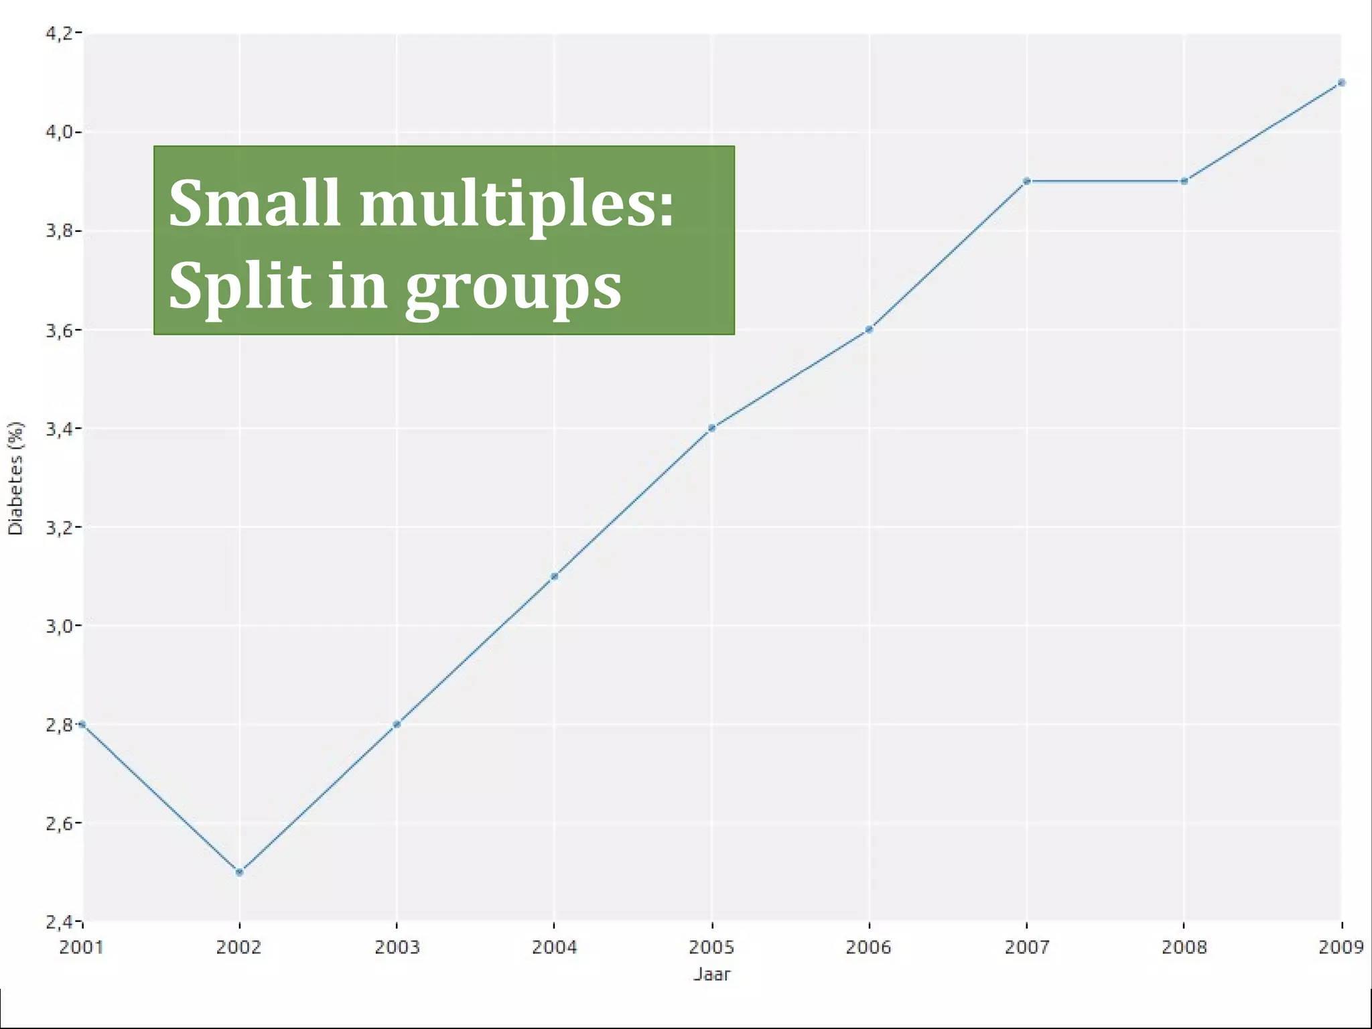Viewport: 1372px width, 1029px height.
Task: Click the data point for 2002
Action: pyautogui.click(x=240, y=872)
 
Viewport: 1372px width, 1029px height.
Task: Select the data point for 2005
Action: pyautogui.click(x=711, y=428)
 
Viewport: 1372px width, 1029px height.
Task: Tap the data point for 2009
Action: pyautogui.click(x=1341, y=83)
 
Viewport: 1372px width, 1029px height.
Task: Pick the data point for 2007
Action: pyautogui.click(x=1027, y=181)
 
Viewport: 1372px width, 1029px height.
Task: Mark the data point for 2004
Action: pyautogui.click(x=554, y=576)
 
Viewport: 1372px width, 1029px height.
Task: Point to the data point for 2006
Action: pyautogui.click(x=869, y=330)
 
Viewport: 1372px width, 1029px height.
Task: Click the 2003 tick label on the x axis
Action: pyautogui.click(x=397, y=947)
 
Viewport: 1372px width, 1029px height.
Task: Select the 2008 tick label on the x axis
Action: pyautogui.click(x=1184, y=947)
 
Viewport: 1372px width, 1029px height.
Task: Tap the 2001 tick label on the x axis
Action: pyautogui.click(x=81, y=947)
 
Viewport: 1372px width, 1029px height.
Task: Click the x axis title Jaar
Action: pyautogui.click(x=711, y=974)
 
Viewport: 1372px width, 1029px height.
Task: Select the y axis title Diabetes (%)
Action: pyautogui.click(x=15, y=478)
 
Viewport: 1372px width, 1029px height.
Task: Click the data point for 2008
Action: pyautogui.click(x=1184, y=181)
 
